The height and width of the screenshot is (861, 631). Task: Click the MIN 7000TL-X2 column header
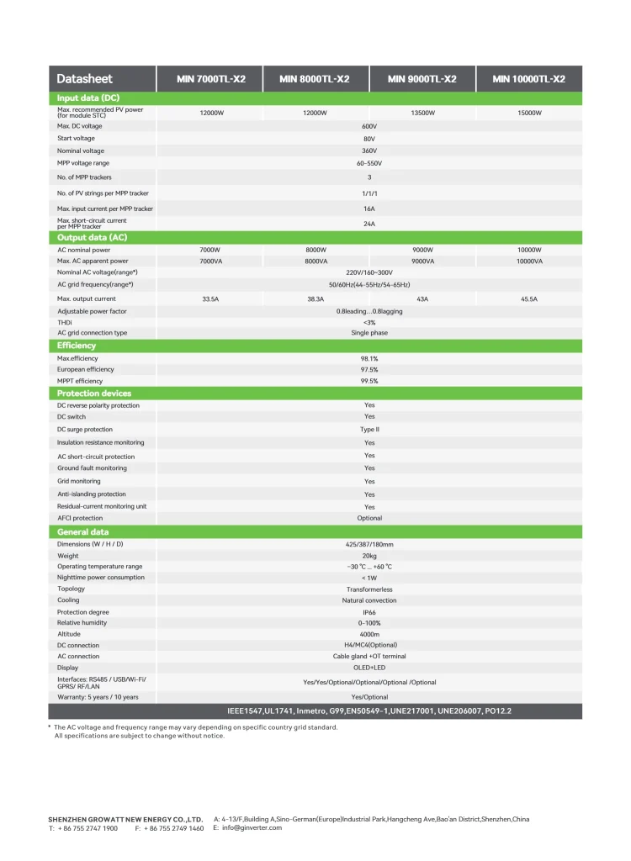(x=210, y=79)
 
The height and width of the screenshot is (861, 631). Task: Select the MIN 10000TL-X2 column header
(x=528, y=79)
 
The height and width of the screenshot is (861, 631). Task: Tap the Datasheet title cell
(x=84, y=79)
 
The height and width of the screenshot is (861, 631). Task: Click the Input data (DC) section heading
(x=88, y=98)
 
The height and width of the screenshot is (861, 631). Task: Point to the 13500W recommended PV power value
(x=422, y=113)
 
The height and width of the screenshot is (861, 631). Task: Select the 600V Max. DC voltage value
(x=369, y=126)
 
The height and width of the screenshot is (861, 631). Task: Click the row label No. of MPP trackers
(x=84, y=177)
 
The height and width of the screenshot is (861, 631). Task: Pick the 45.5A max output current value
(x=529, y=298)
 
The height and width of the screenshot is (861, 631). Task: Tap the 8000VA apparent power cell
(x=316, y=261)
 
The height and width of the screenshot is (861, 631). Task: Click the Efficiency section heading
(x=77, y=346)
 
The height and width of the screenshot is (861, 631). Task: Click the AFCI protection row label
(x=80, y=519)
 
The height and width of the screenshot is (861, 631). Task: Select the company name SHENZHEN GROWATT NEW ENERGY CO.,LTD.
(x=126, y=819)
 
